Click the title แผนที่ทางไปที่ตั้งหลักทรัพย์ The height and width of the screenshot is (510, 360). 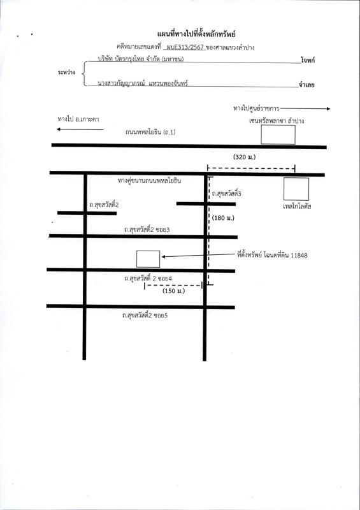(196, 34)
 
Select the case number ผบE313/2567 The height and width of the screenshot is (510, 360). (185, 47)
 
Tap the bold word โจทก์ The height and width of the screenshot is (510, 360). (307, 60)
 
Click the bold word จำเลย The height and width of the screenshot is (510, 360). (306, 85)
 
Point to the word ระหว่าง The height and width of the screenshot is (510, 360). (67, 72)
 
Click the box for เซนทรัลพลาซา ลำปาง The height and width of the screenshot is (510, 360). (278, 135)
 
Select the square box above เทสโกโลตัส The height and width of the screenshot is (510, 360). (296, 189)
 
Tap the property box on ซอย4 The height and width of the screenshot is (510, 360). (148, 259)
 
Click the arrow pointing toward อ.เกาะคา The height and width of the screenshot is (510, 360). (80, 129)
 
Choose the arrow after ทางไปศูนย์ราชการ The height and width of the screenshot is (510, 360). (305, 108)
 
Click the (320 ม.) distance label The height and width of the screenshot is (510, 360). (245, 157)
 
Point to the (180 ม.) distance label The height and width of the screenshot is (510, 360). (223, 218)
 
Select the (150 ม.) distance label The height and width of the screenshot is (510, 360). (174, 291)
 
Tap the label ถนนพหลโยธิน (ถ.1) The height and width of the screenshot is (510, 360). (150, 133)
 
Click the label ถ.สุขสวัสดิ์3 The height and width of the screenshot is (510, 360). (226, 194)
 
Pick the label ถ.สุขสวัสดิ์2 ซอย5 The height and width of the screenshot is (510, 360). (145, 315)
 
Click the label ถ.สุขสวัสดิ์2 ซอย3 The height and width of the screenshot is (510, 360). (147, 229)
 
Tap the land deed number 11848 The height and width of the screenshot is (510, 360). (299, 256)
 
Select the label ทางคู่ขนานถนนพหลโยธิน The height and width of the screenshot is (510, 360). (149, 181)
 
